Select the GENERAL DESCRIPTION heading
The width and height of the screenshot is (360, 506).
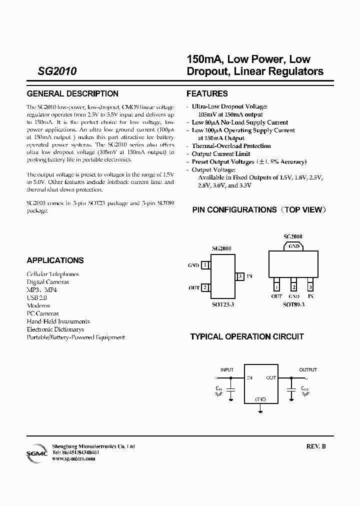click(72, 93)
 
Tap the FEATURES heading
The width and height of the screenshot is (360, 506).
click(207, 93)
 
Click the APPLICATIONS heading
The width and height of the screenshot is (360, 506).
click(55, 260)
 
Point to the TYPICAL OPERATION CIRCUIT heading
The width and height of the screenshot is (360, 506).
click(247, 337)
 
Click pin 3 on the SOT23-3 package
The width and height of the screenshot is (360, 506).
click(240, 276)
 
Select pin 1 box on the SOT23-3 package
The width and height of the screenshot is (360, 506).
click(205, 265)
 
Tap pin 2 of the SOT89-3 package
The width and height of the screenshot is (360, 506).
click(293, 287)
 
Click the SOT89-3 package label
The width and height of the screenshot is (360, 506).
click(293, 304)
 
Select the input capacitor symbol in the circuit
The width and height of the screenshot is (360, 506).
click(231, 388)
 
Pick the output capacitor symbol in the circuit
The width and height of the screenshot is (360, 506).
click(291, 388)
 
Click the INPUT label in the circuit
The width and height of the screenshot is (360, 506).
click(227, 370)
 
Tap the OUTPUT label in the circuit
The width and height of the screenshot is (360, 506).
click(308, 370)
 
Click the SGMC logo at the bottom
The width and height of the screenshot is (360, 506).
click(37, 452)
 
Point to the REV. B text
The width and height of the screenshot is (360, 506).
click(315, 446)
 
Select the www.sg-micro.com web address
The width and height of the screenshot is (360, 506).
click(73, 458)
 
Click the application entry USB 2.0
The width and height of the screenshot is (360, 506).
click(37, 297)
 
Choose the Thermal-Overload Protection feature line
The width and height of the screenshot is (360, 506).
click(231, 146)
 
